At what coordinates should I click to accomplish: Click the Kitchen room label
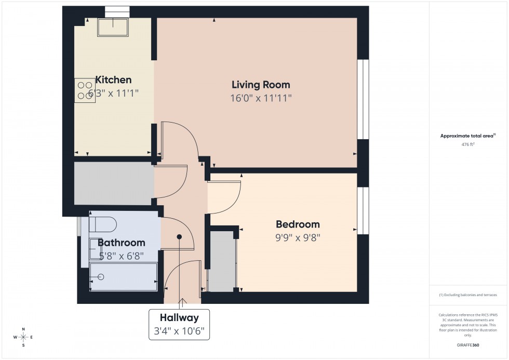pos(114,80)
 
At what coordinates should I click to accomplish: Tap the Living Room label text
pos(261,85)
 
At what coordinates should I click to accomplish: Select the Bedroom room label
pos(298,224)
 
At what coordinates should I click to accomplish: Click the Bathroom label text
pos(122,243)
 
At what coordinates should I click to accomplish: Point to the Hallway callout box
pos(179,324)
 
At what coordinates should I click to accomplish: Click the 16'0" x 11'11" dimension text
pos(261,98)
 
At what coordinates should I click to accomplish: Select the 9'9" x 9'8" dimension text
pos(298,238)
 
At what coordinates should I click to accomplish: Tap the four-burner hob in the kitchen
pos(85,90)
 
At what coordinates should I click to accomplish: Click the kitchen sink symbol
pos(113,27)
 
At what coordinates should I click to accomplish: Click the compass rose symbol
pos(23,337)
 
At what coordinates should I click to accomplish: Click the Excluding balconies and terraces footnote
pos(467,295)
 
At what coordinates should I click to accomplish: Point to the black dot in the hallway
pos(179,236)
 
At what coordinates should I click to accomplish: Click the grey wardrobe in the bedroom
pos(222,262)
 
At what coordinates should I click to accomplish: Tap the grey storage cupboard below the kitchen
pos(113,183)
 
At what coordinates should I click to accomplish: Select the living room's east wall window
pos(363,99)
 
